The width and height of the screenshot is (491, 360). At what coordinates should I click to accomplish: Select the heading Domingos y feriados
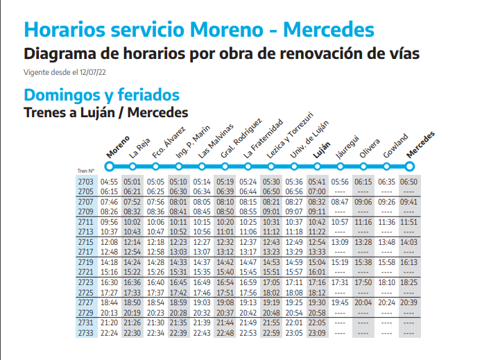click(101, 95)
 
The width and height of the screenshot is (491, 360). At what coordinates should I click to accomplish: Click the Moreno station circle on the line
click(109, 166)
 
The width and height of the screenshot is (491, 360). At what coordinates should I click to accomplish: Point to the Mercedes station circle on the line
click(409, 166)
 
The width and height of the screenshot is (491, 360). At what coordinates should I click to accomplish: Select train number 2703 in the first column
click(87, 182)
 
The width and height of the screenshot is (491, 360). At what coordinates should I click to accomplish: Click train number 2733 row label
click(87, 333)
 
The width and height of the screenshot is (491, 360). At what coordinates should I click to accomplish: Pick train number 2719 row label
click(87, 262)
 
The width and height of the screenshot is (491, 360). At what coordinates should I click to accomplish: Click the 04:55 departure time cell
click(110, 182)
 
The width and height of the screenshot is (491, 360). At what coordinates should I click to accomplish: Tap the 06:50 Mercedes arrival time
click(409, 182)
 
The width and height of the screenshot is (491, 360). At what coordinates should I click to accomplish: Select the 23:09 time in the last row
click(317, 333)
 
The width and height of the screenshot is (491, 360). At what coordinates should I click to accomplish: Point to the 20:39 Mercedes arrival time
click(409, 302)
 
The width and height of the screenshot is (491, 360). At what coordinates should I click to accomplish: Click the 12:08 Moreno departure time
click(110, 242)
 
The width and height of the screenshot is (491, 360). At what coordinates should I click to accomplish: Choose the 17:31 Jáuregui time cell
click(340, 282)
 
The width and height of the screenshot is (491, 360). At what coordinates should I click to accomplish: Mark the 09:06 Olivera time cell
click(363, 202)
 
